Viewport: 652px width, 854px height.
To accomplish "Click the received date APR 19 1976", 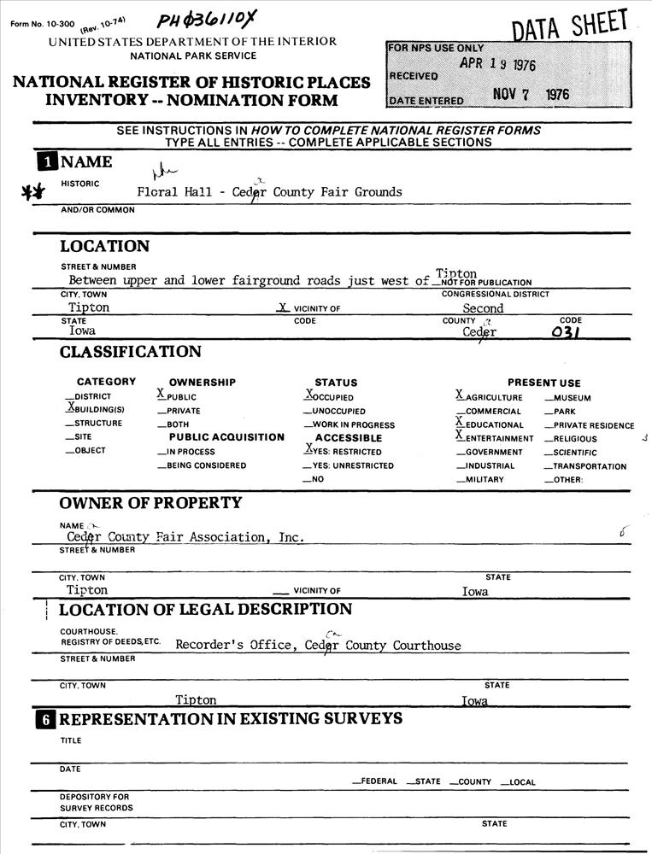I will [x=497, y=66].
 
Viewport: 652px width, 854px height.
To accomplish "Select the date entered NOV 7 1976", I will [x=531, y=96].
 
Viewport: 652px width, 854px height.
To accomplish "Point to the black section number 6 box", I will [x=45, y=720].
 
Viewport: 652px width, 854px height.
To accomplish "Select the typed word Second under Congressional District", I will [x=483, y=308].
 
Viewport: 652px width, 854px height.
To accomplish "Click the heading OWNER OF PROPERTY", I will [x=150, y=503].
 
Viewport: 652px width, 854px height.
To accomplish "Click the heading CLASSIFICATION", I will [x=131, y=352].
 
